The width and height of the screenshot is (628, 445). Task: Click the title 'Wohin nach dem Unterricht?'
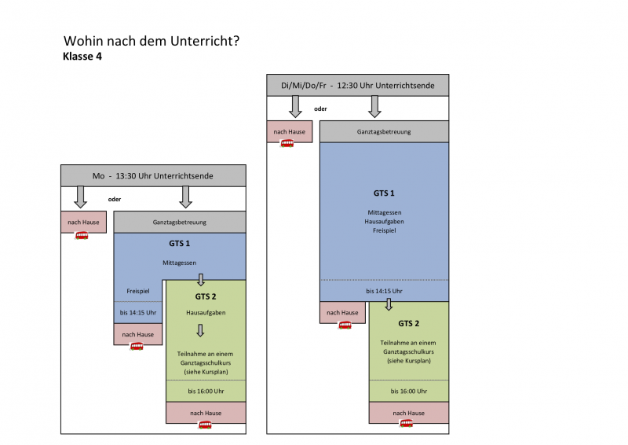pos(152,41)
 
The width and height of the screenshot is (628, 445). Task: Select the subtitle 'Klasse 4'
pos(82,57)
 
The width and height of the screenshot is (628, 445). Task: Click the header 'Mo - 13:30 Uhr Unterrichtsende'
pos(153,175)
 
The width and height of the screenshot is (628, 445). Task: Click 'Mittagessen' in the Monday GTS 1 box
pos(180,262)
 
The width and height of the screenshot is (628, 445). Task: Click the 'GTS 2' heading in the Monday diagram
pos(206,296)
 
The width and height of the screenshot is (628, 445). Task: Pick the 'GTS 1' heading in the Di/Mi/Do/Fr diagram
pos(384,193)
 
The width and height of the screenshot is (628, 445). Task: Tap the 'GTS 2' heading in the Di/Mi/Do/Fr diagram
pos(409,323)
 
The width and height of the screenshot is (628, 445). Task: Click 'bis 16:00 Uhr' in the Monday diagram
pos(206,391)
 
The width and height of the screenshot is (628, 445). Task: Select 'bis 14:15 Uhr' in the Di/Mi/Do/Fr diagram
pos(384,291)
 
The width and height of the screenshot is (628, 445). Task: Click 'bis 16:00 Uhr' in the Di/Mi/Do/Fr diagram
pos(409,391)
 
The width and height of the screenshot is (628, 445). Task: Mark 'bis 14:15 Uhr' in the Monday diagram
pos(138,313)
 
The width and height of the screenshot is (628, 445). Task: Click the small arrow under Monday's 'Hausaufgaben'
pos(200,331)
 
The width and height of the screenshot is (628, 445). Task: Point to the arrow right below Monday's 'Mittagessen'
pos(201,279)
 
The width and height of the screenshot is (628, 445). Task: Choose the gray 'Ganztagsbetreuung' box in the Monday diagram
pos(180,222)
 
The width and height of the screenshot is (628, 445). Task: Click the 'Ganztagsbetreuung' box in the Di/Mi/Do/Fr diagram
pos(384,131)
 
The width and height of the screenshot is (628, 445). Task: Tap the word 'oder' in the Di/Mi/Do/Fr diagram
pos(319,108)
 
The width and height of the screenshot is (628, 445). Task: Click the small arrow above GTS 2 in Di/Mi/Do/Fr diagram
pos(388,304)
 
